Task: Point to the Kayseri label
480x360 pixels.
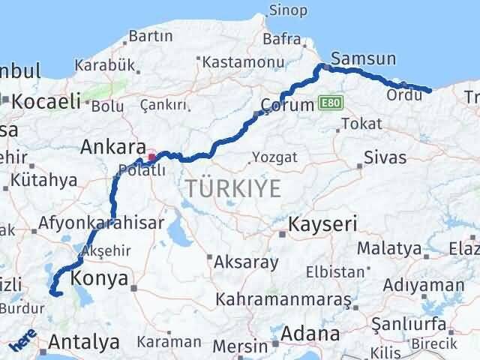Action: pos(322,223)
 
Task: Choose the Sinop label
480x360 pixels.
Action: pos(289,11)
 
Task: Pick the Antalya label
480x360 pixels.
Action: pos(83,343)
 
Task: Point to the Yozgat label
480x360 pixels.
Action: pos(274,157)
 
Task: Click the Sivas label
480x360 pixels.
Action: pos(385,157)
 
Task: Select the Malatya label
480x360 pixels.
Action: pos(389,247)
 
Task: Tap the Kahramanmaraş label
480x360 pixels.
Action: pos(283,299)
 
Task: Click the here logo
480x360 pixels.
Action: pos(23,343)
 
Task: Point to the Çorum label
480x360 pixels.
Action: pos(286,105)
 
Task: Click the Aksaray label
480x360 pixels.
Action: pos(246,262)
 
